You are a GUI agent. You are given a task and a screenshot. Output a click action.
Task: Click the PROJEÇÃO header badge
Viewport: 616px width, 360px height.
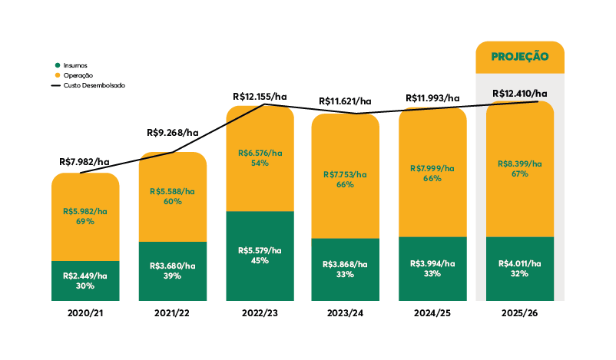coord(520,56)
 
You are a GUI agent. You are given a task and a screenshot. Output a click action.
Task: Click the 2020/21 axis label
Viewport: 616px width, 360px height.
coord(85,315)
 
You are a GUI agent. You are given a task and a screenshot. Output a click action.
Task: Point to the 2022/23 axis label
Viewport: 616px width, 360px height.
coord(260,315)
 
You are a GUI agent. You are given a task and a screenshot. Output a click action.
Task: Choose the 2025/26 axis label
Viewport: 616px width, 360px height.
coord(520,315)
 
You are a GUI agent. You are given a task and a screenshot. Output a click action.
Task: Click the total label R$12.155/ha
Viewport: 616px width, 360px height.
coord(260,97)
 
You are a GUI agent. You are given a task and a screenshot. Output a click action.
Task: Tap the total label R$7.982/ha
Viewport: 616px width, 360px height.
coord(84,162)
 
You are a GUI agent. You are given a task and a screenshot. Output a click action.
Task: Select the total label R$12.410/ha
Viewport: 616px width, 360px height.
coord(520,94)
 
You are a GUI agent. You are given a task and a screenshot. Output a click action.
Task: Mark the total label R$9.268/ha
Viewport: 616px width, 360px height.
coord(173,133)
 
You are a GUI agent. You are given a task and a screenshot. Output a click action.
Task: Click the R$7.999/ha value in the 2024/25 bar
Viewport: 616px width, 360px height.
coord(432,168)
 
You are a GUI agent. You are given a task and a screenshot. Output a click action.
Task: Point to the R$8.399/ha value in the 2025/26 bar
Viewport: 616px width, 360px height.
coord(520,163)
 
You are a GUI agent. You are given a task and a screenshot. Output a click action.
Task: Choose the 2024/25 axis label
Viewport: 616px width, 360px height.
coord(432,315)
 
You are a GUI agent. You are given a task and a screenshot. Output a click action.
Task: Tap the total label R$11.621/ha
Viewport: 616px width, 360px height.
coord(346,101)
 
